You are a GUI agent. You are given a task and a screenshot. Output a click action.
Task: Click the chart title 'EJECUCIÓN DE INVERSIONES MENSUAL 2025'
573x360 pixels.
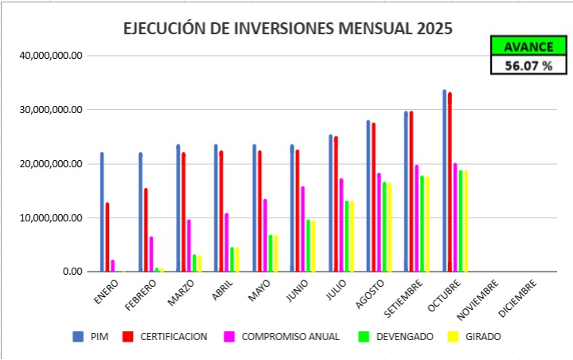(x=287, y=29)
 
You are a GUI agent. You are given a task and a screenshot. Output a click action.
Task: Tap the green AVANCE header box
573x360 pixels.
(x=528, y=47)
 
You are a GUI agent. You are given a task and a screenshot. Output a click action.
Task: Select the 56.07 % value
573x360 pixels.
(x=528, y=66)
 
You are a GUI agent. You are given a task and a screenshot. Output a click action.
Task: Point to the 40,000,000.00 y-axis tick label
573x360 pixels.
(x=49, y=55)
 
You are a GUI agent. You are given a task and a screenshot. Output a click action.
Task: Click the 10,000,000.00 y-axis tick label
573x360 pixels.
(x=49, y=217)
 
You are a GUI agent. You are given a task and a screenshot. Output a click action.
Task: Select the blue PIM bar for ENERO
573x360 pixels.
(x=102, y=212)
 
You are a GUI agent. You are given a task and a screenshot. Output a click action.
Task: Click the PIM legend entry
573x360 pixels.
(x=93, y=337)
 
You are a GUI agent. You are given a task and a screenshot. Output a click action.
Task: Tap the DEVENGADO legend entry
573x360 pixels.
(x=398, y=337)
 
